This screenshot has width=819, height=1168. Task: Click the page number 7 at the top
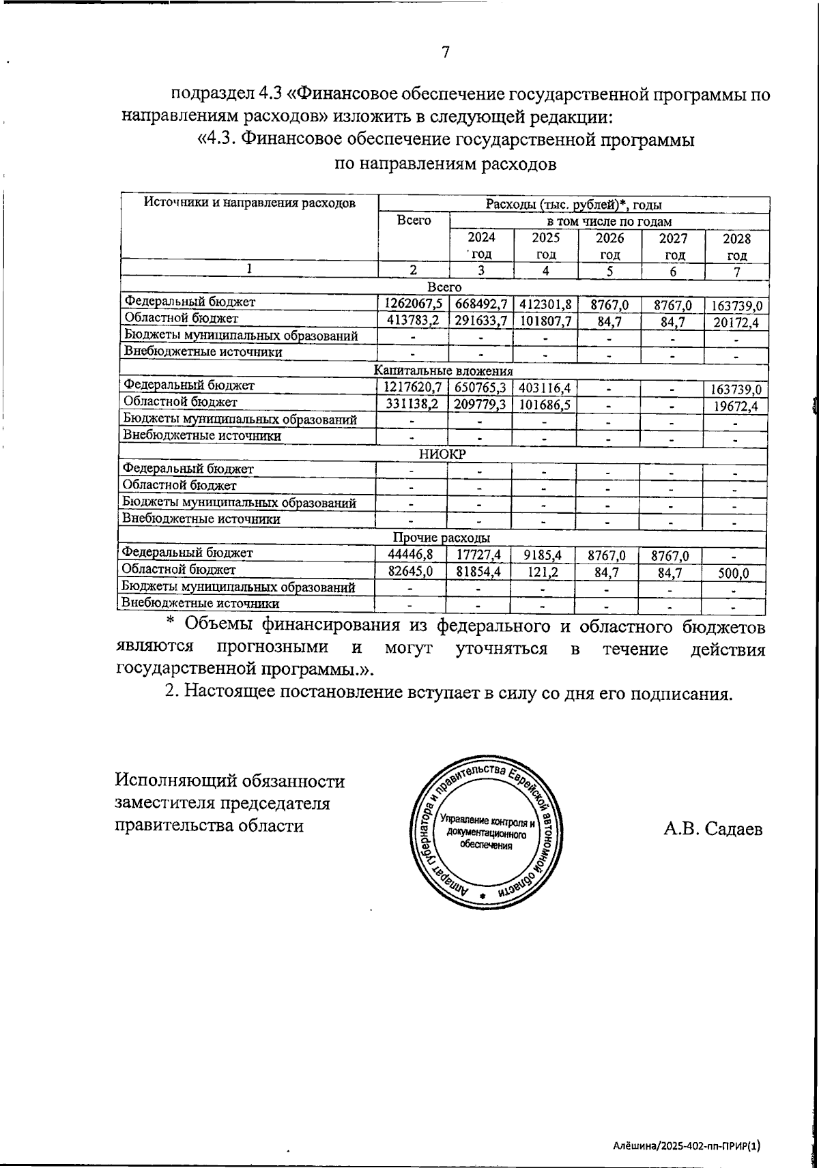tap(445, 53)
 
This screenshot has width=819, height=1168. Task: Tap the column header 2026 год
tap(609, 246)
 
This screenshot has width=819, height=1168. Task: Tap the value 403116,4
tap(545, 388)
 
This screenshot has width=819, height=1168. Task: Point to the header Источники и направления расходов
tap(250, 203)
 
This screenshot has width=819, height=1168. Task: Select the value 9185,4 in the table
tap(544, 555)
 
